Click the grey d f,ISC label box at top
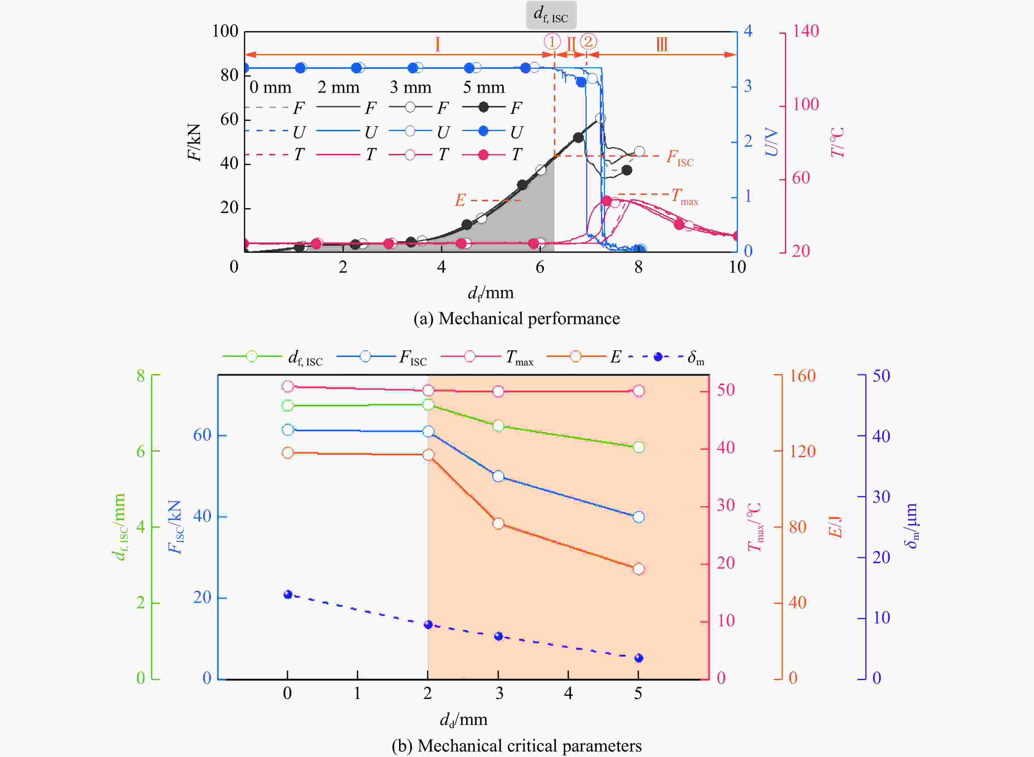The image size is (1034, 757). [x=551, y=15]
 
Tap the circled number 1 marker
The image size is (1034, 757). [x=552, y=42]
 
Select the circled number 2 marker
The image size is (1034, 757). [x=588, y=42]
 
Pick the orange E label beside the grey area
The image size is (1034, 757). [x=460, y=200]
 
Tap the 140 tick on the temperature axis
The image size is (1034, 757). [x=806, y=31]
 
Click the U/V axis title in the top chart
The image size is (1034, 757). [x=772, y=142]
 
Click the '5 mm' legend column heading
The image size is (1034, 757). [x=484, y=87]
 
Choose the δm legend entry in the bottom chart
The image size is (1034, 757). [x=666, y=357]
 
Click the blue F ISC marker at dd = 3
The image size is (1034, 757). [x=498, y=477]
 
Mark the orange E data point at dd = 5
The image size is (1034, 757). [x=638, y=569]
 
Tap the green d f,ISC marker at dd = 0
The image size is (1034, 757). [x=287, y=405]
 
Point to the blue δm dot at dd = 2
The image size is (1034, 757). [x=428, y=625]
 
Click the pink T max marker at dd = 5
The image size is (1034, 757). [x=638, y=391]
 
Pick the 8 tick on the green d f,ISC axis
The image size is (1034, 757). [x=141, y=376]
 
